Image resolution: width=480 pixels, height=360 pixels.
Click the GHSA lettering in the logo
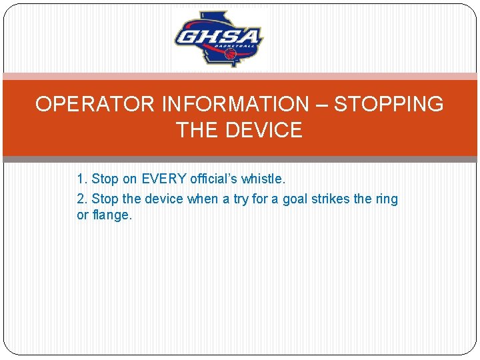(x=218, y=36)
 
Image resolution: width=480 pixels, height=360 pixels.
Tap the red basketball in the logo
(x=231, y=53)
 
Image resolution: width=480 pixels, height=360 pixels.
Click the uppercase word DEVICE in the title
(x=263, y=130)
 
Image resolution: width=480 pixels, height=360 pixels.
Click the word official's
(x=217, y=179)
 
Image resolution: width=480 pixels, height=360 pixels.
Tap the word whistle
(x=267, y=179)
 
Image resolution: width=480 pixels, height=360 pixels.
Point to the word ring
(x=387, y=199)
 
